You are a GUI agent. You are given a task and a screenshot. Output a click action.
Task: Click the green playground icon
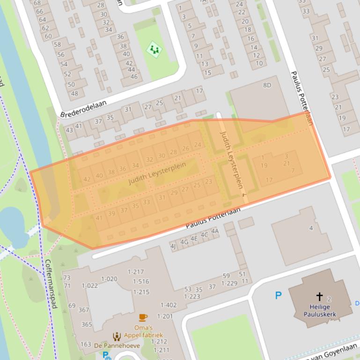154,49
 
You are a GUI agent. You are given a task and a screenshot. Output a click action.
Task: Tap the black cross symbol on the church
319,296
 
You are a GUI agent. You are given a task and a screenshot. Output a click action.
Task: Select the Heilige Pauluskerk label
320,310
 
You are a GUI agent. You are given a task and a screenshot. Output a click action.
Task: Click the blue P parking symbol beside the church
279,295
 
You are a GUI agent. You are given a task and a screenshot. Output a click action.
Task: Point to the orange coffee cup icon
143,318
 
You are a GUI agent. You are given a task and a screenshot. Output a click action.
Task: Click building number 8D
267,85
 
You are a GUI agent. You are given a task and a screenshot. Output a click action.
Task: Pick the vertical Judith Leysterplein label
233,164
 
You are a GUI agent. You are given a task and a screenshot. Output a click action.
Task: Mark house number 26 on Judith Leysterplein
185,149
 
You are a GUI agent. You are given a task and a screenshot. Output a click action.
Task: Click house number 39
111,214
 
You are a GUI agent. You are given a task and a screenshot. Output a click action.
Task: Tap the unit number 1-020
109,279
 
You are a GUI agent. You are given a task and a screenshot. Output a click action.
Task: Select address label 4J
173,246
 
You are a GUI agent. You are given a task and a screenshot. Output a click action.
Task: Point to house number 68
37,3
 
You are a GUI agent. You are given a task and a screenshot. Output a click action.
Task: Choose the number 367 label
83,310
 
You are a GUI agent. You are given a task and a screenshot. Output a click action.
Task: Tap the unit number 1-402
169,305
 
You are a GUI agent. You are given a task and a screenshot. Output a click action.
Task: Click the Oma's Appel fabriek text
143,331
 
